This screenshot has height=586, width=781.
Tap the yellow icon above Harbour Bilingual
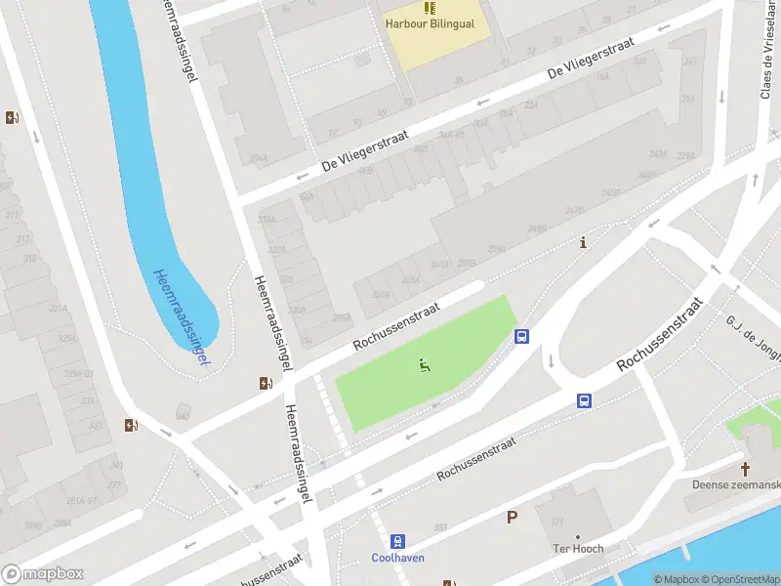click(431, 8)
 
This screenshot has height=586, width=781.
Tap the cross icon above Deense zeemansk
click(745, 468)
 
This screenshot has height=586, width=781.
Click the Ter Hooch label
click(577, 549)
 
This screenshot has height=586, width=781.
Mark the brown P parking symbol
click(511, 518)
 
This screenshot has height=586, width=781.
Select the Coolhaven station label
click(396, 559)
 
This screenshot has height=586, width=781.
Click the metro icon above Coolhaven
click(397, 541)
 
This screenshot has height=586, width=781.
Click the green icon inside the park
click(425, 366)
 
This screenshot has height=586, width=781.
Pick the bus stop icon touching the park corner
click(522, 337)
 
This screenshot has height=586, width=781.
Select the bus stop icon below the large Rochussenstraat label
click(584, 400)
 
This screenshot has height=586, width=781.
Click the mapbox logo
click(43, 574)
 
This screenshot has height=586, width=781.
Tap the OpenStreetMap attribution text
click(738, 579)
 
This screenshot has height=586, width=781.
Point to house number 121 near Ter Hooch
click(558, 522)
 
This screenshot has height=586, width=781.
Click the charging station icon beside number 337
click(131, 425)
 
